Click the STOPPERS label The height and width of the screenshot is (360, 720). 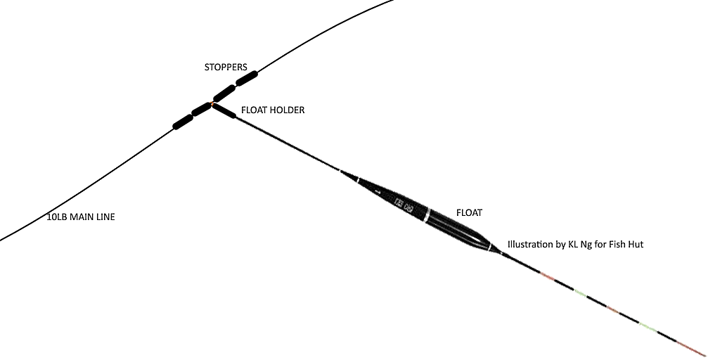225,67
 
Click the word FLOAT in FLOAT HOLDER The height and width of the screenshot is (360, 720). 255,110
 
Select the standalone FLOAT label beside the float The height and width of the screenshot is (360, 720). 469,212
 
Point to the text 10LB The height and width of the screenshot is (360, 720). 58,217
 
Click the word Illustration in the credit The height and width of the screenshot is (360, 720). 532,245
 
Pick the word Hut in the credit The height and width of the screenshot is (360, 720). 635,245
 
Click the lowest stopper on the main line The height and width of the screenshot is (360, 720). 183,122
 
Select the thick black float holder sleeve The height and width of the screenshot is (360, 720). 224,111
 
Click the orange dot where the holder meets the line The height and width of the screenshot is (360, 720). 212,105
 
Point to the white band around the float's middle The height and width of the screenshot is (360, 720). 426,214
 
